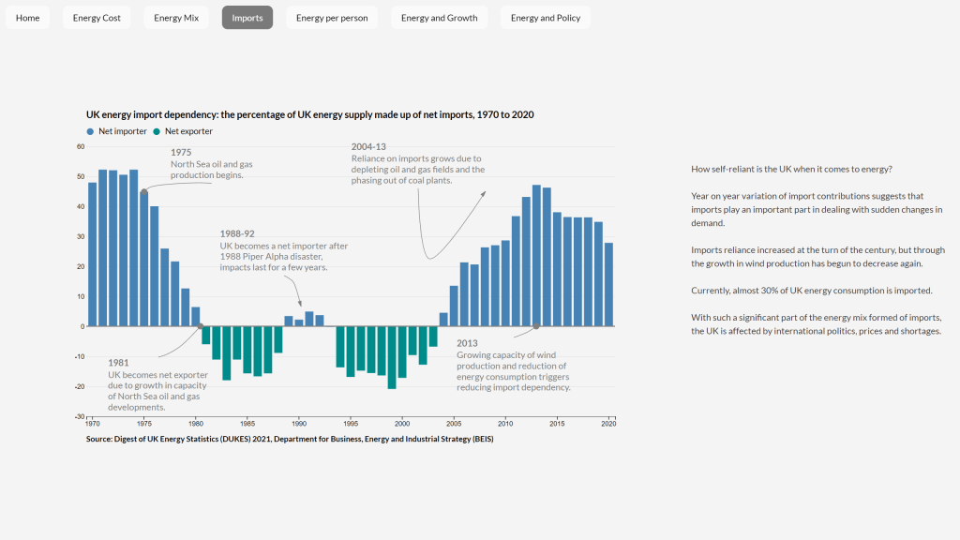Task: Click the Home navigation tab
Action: pyautogui.click(x=28, y=18)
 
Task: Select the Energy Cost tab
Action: pyautogui.click(x=97, y=18)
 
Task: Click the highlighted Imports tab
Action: pyautogui.click(x=247, y=18)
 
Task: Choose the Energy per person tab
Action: pyautogui.click(x=332, y=18)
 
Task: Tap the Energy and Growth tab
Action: pyautogui.click(x=439, y=18)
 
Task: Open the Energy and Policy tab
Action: pyautogui.click(x=545, y=18)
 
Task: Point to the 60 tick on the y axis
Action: pyautogui.click(x=81, y=146)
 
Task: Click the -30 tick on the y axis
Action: pyautogui.click(x=80, y=416)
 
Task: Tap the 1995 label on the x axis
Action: pyautogui.click(x=351, y=424)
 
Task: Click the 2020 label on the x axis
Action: pyautogui.click(x=608, y=424)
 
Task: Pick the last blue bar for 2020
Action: pyautogui.click(x=608, y=284)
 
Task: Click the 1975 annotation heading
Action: pyautogui.click(x=181, y=152)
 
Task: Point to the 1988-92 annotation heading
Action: pyautogui.click(x=237, y=233)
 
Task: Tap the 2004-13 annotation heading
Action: pyautogui.click(x=368, y=146)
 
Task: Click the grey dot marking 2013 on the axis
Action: pyautogui.click(x=536, y=326)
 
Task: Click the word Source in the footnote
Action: pyautogui.click(x=100, y=439)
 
